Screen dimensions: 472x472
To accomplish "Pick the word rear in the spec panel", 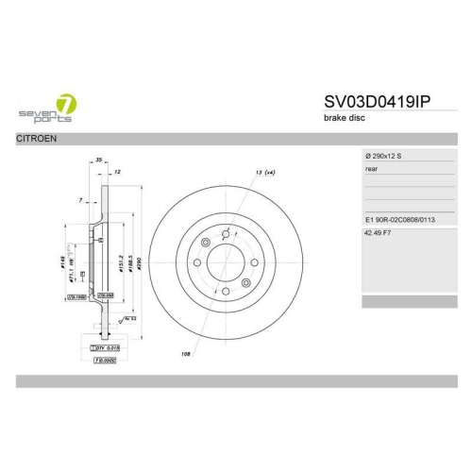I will point(372,169).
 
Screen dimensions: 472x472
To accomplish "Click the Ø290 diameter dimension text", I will point(139,262).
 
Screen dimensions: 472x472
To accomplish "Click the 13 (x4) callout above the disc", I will point(264,173).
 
